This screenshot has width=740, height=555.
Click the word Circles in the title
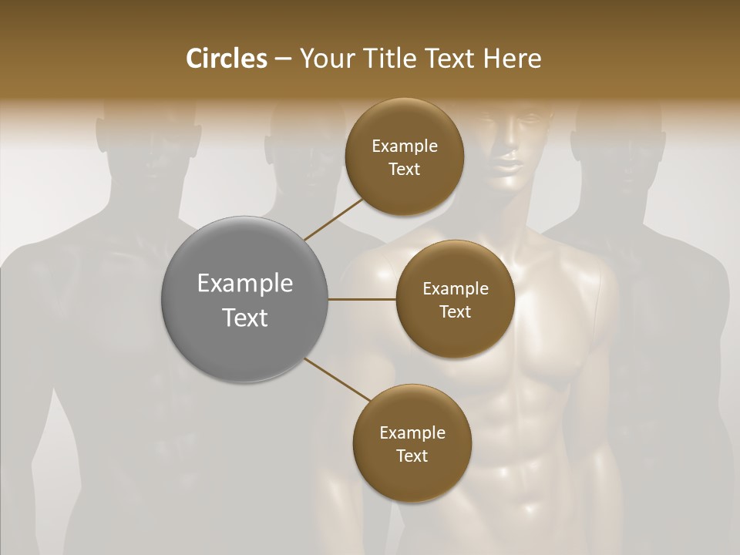[x=226, y=59]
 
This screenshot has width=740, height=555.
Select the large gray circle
[x=245, y=299]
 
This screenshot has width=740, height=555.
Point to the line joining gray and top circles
[x=333, y=219]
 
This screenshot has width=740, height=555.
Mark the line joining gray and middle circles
[x=362, y=299]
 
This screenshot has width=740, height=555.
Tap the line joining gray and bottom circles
[x=338, y=379]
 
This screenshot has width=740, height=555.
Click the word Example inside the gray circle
[x=245, y=283]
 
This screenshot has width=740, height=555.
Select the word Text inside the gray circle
[x=245, y=317]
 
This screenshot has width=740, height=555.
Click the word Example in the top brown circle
[x=405, y=146]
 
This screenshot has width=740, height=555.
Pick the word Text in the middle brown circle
[x=455, y=311]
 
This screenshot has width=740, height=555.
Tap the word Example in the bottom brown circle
[x=412, y=432]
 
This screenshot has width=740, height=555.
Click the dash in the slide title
[x=283, y=59]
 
